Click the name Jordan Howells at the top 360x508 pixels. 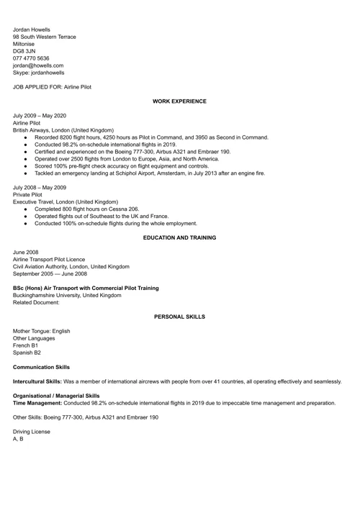coord(32,30)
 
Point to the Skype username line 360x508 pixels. coord(38,73)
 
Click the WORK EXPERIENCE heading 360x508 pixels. coord(179,101)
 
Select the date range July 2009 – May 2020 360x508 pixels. coord(40,116)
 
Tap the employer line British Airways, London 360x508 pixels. coord(63,130)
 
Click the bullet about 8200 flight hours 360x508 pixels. coord(151,137)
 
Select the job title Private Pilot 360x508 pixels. coord(28,194)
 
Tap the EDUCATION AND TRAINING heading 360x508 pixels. coord(179,237)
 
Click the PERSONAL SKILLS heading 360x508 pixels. coord(179,317)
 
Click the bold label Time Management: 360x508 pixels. coord(37,403)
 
